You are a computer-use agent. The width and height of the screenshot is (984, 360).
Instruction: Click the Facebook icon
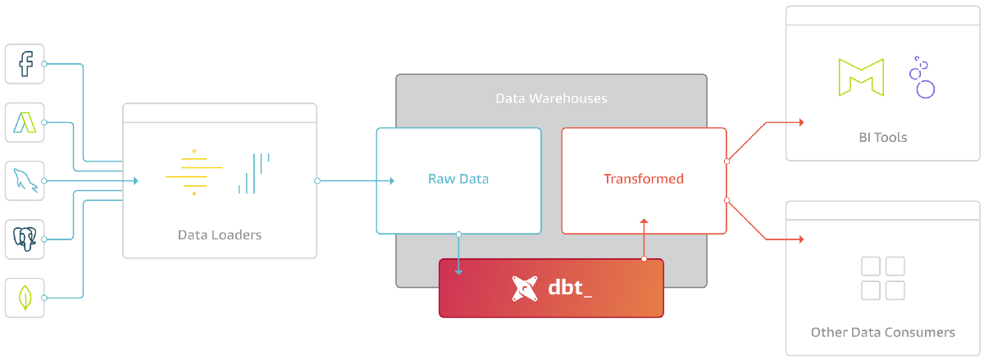tap(25, 64)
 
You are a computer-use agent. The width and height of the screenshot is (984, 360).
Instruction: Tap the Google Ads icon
tap(25, 123)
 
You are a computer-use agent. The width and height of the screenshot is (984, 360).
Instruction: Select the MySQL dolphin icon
tap(25, 180)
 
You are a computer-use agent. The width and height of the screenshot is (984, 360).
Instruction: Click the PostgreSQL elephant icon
tap(25, 239)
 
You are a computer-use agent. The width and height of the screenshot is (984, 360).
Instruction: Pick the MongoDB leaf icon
tap(25, 298)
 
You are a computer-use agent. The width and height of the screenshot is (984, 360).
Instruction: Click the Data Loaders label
tap(220, 235)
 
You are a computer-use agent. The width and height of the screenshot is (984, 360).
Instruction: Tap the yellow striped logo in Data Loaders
tap(194, 172)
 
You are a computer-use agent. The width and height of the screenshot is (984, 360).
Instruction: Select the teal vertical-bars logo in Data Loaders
tap(253, 173)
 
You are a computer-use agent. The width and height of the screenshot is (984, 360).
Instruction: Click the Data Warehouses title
tap(551, 98)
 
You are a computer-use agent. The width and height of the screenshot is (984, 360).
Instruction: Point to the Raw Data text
tap(458, 179)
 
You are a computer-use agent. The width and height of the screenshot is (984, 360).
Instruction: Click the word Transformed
tap(644, 179)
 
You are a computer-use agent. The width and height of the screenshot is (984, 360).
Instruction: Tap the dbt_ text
tap(570, 289)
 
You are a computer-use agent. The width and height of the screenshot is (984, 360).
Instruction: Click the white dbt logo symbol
tap(526, 289)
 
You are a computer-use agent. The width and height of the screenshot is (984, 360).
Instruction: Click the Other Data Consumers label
tap(883, 333)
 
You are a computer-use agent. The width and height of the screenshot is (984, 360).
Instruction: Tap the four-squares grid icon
tap(883, 278)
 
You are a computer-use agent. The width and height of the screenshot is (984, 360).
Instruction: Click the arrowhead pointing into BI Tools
tap(800, 122)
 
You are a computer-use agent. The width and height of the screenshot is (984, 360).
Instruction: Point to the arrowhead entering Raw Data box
tap(391, 180)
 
